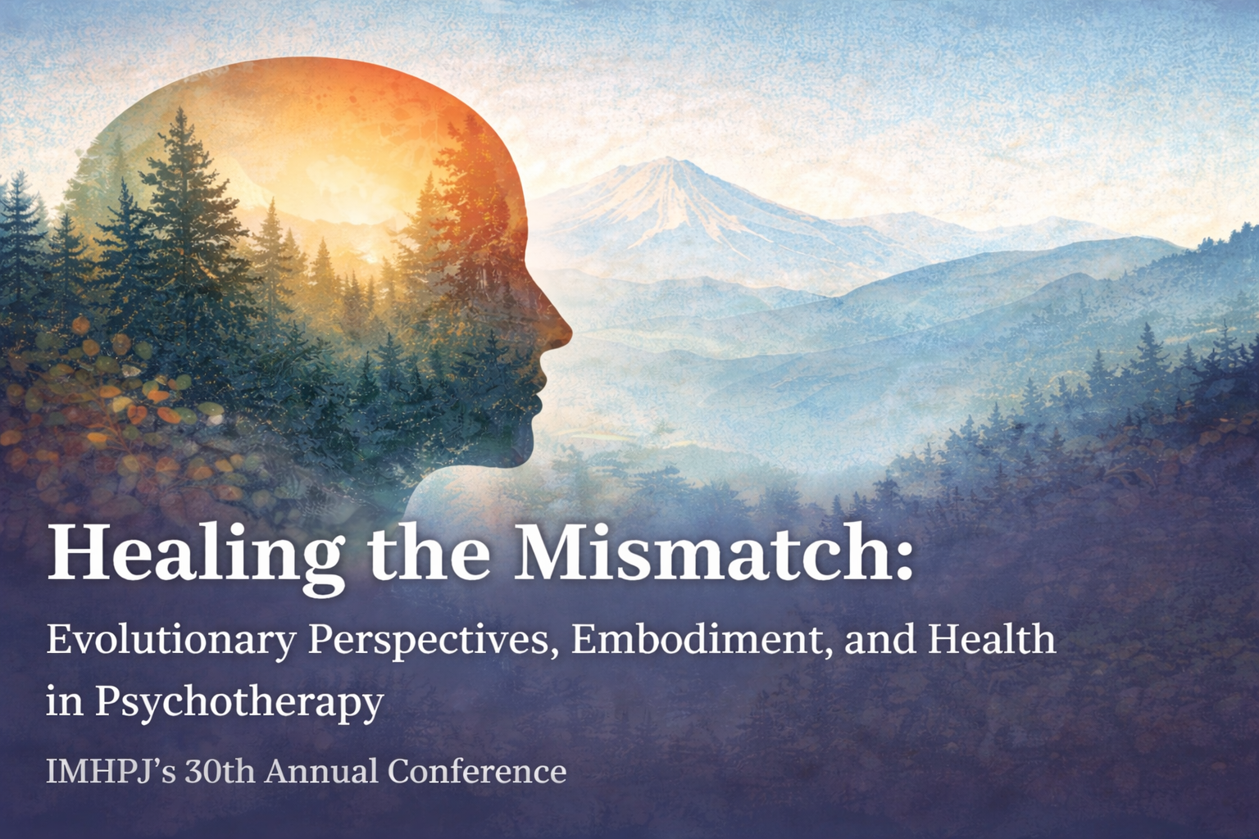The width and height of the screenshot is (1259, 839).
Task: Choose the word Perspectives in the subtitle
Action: pyautogui.click(x=433, y=642)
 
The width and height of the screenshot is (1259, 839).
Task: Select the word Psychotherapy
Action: pyautogui.click(x=239, y=702)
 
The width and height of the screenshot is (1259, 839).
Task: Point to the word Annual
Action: pyautogui.click(x=322, y=772)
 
